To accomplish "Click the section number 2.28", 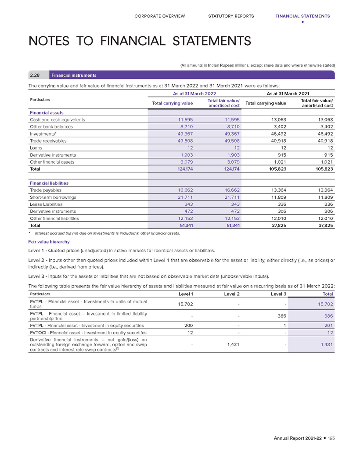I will coord(35,75).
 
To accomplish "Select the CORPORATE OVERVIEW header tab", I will coord(160,16).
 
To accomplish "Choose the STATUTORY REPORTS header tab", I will coord(231,16).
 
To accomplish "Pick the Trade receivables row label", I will coord(46,140).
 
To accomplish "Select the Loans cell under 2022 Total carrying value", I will coord(189,148).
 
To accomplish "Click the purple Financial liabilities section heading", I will coord(49,183).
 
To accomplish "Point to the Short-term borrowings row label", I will coord(53,197).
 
